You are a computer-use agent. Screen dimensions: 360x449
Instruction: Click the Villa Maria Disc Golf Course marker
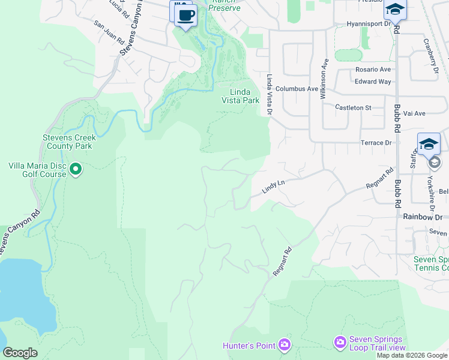pyautogui.click(x=76, y=170)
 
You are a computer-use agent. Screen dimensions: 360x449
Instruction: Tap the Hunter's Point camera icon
pyautogui.click(x=284, y=345)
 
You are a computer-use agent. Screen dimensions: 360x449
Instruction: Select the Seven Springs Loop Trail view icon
pyautogui.click(x=340, y=342)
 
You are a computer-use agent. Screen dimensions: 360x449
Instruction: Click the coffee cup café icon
pyautogui.click(x=186, y=15)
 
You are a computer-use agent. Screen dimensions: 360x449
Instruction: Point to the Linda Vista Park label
pyautogui.click(x=245, y=96)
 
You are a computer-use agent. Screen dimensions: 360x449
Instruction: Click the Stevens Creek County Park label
pyautogui.click(x=68, y=142)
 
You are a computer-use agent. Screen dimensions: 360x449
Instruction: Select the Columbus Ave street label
pyautogui.click(x=297, y=88)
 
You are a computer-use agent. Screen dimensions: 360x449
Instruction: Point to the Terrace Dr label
pyautogui.click(x=376, y=143)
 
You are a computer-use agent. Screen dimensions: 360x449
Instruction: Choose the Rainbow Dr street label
pyautogui.click(x=423, y=217)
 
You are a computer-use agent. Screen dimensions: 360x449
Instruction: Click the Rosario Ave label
pyautogui.click(x=373, y=70)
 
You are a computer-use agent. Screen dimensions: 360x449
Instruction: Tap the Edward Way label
pyautogui.click(x=373, y=82)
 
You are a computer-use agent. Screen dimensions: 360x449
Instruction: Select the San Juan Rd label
pyautogui.click(x=109, y=33)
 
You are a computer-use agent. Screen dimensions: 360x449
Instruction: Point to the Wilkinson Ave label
pyautogui.click(x=324, y=79)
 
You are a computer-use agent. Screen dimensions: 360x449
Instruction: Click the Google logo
pyautogui.click(x=20, y=353)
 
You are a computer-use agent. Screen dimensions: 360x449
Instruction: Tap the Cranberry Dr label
pyautogui.click(x=430, y=56)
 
